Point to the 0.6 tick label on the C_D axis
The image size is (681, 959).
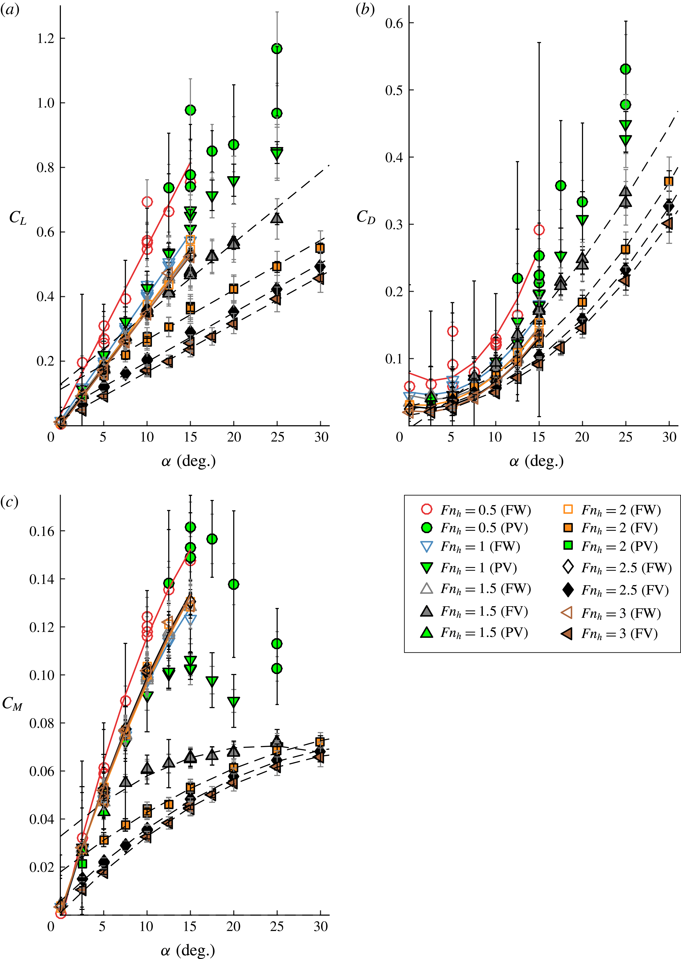click(394, 23)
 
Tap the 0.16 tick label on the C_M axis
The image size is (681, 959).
click(42, 531)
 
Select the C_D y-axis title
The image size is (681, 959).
click(366, 217)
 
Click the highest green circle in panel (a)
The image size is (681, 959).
click(277, 49)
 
